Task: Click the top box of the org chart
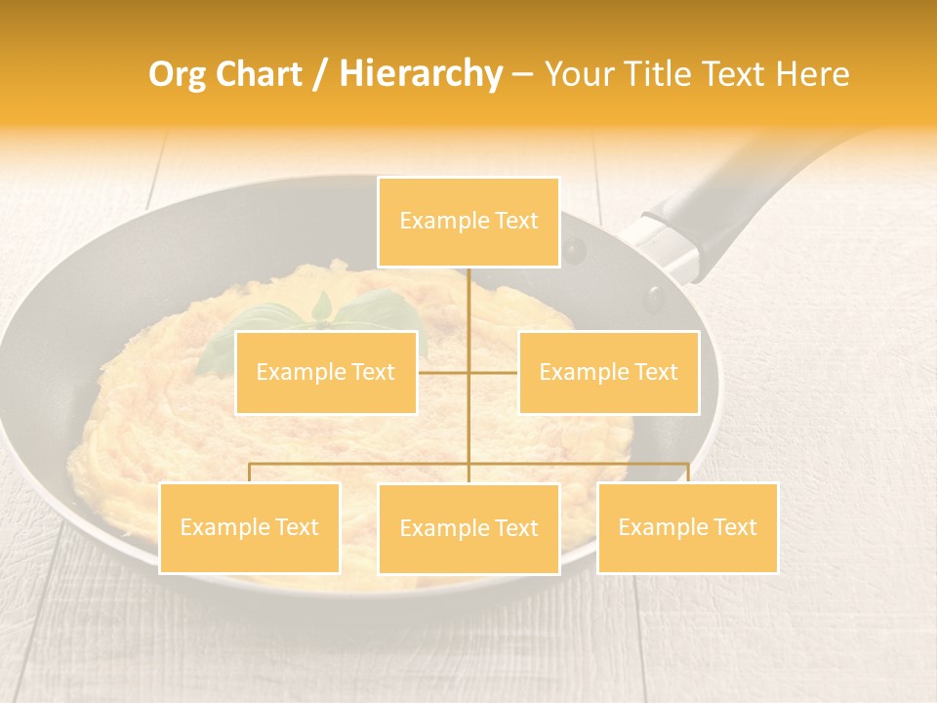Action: [x=468, y=222]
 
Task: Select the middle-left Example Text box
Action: [x=326, y=372]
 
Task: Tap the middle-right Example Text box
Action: [x=608, y=372]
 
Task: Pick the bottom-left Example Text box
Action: [x=249, y=527]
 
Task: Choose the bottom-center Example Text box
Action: [x=468, y=528]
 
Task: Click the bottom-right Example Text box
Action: [x=687, y=527]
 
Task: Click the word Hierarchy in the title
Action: [x=420, y=74]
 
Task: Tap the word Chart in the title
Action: [x=263, y=74]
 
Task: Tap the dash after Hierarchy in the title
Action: [x=522, y=74]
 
